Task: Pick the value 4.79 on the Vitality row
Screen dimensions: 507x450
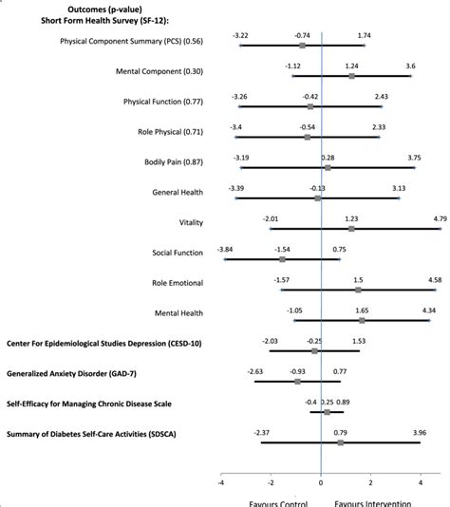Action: coord(440,218)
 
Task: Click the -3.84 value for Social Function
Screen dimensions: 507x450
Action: coord(225,249)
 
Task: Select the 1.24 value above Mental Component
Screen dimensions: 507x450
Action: coord(351,66)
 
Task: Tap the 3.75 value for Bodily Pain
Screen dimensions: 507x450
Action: coord(414,158)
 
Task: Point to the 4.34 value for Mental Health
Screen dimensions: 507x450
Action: coord(428,310)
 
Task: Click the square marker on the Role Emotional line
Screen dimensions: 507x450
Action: coord(359,290)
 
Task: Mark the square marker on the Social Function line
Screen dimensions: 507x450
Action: coord(283,259)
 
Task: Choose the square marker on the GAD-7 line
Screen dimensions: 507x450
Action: coord(298,381)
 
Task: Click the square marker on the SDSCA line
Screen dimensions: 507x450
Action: coord(341,442)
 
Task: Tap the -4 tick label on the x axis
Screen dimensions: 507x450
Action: coord(220,482)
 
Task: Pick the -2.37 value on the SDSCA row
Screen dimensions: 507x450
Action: coord(262,433)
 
